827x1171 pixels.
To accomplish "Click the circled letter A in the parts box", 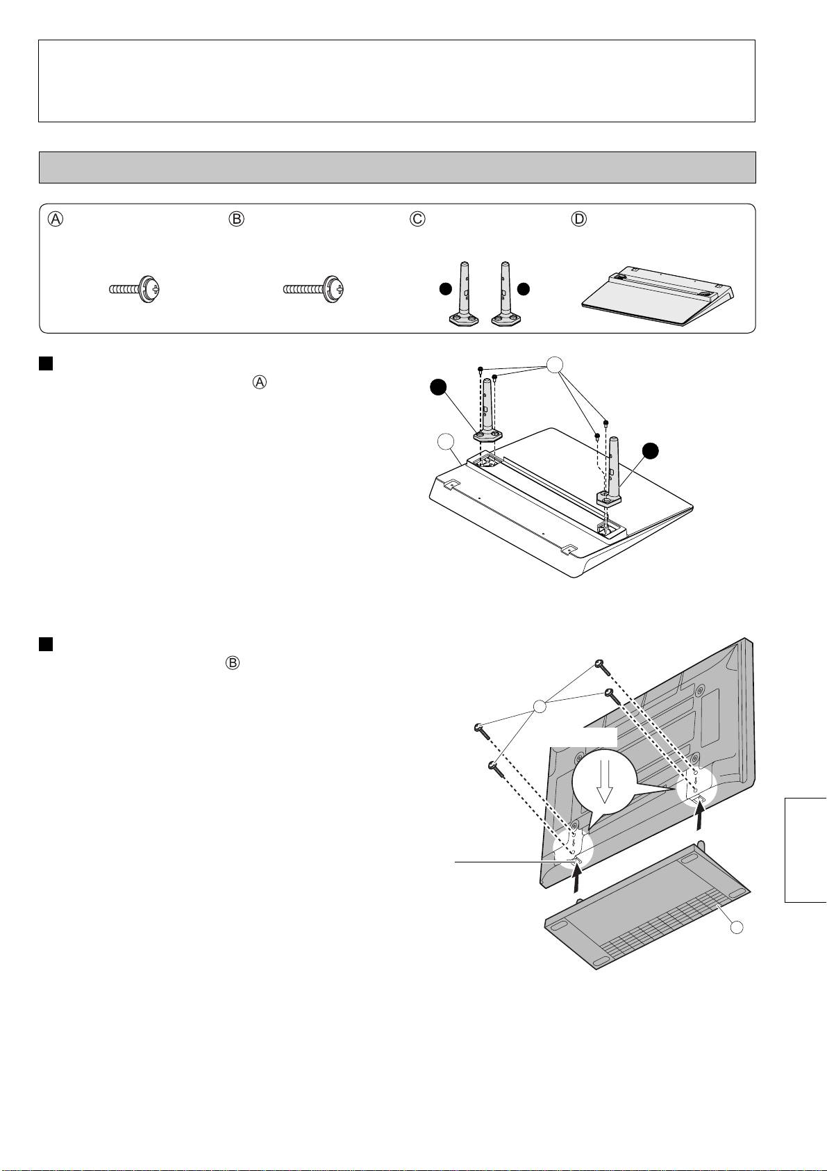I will (x=55, y=218).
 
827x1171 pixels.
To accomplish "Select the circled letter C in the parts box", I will (x=417, y=218).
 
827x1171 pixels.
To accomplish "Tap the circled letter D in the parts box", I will (x=578, y=218).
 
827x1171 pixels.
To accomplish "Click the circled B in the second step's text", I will (x=233, y=663).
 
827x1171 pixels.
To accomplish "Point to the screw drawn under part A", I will (x=135, y=288).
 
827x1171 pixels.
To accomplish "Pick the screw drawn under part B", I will (x=312, y=288).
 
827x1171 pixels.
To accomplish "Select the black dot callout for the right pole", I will (x=650, y=450).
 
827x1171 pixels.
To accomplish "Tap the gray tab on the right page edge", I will (x=805, y=850).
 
